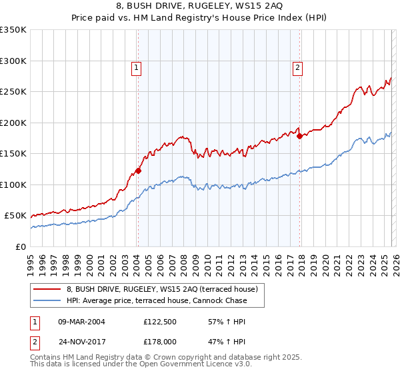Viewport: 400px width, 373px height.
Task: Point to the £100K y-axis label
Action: pyautogui.click(x=13, y=185)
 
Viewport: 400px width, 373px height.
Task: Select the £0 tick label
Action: pyautogui.click(x=20, y=246)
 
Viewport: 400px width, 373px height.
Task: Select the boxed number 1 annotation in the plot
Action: pyautogui.click(x=137, y=67)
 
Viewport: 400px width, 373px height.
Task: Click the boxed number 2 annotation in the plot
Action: pyautogui.click(x=297, y=67)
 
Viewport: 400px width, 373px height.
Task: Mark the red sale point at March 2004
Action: pyautogui.click(x=138, y=171)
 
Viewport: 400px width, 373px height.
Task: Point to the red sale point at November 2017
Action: pyautogui.click(x=299, y=136)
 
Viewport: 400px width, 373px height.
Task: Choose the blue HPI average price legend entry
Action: pyautogui.click(x=157, y=300)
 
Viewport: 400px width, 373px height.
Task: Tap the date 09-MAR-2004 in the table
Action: pyautogui.click(x=81, y=322)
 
